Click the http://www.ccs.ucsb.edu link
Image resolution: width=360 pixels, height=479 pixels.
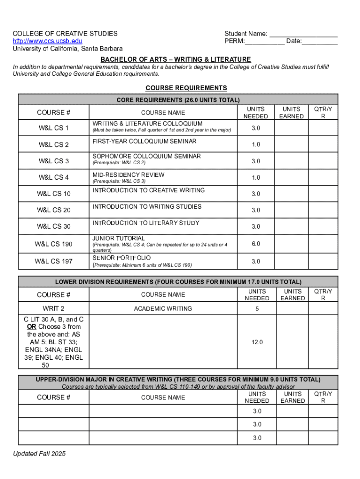[x=47, y=41]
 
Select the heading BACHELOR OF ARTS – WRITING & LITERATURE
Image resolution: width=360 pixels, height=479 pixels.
[x=176, y=59]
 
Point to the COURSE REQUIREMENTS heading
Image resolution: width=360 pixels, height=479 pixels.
[x=186, y=88]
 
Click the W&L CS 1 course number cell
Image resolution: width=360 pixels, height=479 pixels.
[x=54, y=128]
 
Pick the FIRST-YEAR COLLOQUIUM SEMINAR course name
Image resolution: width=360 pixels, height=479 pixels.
[x=144, y=141]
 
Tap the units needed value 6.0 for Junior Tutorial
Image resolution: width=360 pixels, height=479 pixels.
[x=256, y=244]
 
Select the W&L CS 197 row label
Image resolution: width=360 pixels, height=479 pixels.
[x=54, y=261]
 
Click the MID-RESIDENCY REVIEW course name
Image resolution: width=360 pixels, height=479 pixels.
[x=129, y=175]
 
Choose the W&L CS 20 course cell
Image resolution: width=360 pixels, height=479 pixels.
[x=54, y=210]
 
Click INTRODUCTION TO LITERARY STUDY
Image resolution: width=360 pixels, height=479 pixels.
[x=146, y=223]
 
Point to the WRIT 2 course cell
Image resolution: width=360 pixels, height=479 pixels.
[x=54, y=308]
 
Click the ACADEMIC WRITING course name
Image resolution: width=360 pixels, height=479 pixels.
[x=163, y=308]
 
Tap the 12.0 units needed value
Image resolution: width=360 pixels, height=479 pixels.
[x=257, y=342]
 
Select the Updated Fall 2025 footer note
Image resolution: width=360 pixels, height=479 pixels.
[x=39, y=454]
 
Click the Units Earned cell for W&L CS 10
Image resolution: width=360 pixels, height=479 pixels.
[x=291, y=194]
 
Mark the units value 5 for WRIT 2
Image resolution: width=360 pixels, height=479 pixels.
[x=256, y=308]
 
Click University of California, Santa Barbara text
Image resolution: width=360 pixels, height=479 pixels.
[x=68, y=49]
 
